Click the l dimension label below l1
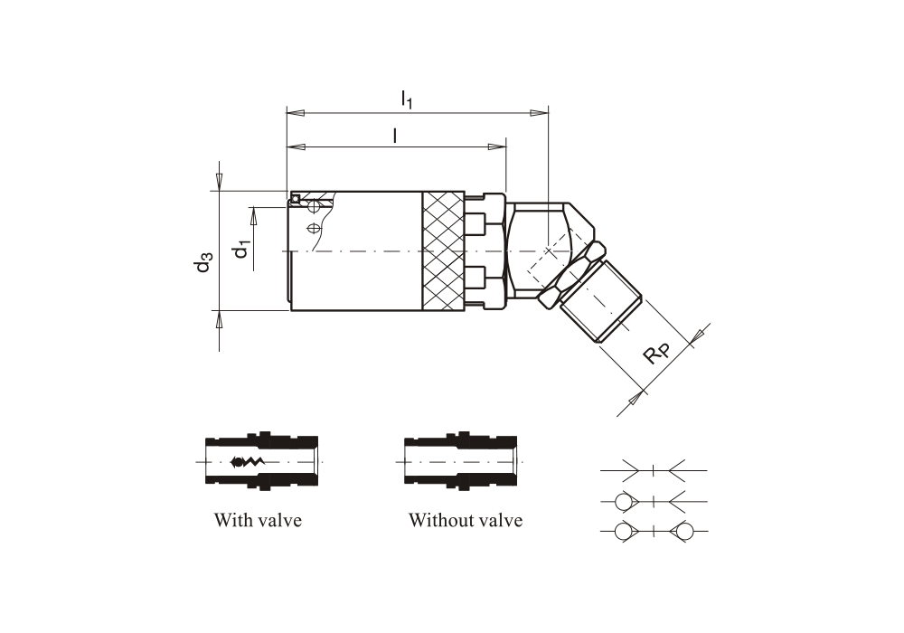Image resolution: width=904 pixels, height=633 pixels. tap(395, 135)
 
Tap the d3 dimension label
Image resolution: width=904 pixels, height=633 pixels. tap(203, 262)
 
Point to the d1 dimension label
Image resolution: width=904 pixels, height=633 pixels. tap(240, 248)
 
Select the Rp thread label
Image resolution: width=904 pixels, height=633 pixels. tap(657, 354)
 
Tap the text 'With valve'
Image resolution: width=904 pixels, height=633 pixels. tap(258, 520)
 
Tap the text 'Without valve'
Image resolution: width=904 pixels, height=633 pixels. tap(465, 520)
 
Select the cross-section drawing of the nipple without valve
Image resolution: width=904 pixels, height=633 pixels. tap(461, 461)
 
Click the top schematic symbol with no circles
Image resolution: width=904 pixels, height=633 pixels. tap(654, 469)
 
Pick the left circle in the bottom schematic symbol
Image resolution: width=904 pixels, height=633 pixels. tap(623, 531)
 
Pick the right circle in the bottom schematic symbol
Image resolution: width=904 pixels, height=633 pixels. tap(684, 531)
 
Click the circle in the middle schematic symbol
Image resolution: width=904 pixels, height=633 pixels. tap(623, 500)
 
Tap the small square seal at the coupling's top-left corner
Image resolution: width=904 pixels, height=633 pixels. tap(295, 198)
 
